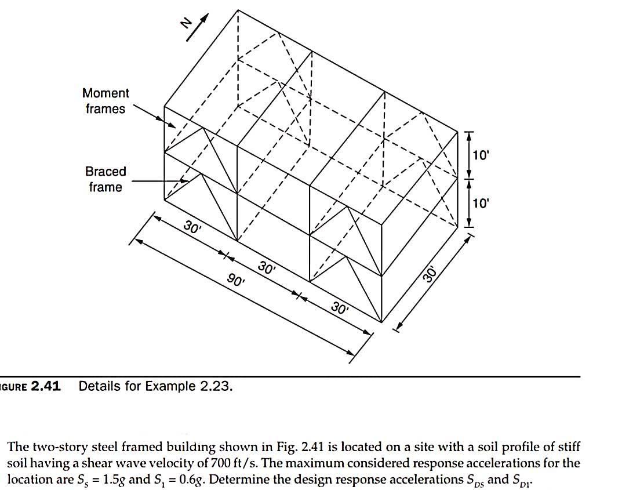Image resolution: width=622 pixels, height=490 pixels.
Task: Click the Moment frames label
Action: click(x=106, y=101)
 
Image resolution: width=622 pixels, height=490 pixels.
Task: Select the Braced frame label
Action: click(x=105, y=179)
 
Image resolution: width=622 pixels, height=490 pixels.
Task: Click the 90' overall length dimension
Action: click(x=237, y=281)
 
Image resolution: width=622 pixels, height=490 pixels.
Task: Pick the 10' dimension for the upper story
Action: click(x=481, y=155)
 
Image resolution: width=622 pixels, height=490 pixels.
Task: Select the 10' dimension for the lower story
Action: click(x=481, y=203)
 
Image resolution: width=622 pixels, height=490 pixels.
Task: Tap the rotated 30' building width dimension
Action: click(x=430, y=273)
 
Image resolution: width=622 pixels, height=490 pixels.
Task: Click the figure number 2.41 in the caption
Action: click(x=46, y=386)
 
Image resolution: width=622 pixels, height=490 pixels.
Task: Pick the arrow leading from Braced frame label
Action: click(x=157, y=181)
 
